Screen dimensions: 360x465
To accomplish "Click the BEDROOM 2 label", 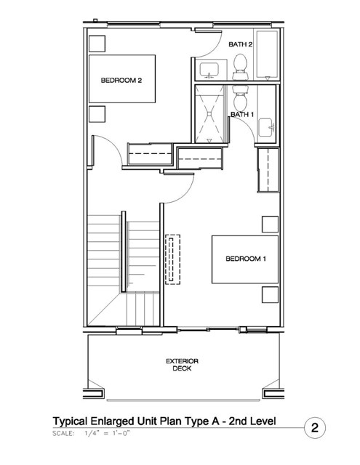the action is click(121, 81).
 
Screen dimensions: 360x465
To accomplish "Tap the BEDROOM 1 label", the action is click(246, 259).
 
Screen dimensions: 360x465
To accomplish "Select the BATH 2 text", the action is click(241, 44).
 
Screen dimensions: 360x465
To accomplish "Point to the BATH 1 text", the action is click(242, 114).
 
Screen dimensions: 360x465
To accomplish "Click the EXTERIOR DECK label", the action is click(182, 365).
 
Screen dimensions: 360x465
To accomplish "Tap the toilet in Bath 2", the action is click(241, 67).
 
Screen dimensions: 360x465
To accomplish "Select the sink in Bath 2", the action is click(209, 70).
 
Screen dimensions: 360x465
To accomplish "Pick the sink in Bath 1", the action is click(265, 128).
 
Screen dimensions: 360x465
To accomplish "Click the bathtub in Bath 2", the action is click(267, 54).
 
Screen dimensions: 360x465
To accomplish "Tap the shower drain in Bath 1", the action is click(209, 114).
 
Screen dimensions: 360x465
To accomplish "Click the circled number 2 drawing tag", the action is click(315, 428).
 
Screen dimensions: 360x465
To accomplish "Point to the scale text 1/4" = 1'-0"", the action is click(107, 433).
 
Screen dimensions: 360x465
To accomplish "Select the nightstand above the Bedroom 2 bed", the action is click(97, 44).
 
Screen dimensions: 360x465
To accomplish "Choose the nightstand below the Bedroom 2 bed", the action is click(97, 114).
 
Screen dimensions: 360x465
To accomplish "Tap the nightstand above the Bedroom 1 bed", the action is click(270, 225).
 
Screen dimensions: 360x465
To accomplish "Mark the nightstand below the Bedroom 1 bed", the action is click(270, 295).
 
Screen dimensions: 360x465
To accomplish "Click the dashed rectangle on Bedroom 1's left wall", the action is click(173, 260).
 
